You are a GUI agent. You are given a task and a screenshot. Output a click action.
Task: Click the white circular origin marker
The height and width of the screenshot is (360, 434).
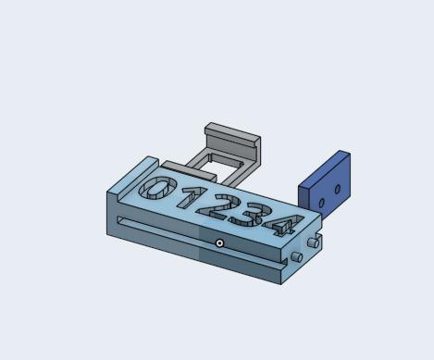(x=219, y=243)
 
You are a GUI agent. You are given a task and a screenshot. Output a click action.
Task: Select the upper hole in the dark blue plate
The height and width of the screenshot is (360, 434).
(x=338, y=189)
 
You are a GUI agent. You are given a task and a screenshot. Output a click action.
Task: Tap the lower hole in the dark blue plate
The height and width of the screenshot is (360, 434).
(x=321, y=203)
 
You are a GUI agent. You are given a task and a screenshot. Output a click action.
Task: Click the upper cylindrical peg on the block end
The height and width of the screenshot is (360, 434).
(x=314, y=242)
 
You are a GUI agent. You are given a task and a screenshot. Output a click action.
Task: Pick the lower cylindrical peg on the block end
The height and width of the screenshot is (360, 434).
(x=297, y=256)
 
